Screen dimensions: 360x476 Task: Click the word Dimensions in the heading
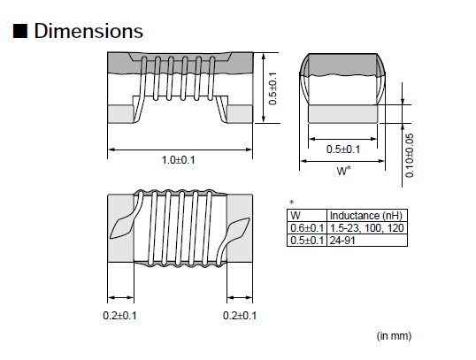click(88, 31)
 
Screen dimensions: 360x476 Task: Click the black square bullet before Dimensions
click(19, 32)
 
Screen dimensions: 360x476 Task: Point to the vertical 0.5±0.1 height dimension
click(275, 88)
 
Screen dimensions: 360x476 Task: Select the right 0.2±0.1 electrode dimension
click(240, 316)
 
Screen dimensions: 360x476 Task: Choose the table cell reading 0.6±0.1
click(306, 227)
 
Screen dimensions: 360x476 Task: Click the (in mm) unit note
click(395, 336)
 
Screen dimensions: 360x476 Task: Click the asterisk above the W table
click(292, 203)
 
